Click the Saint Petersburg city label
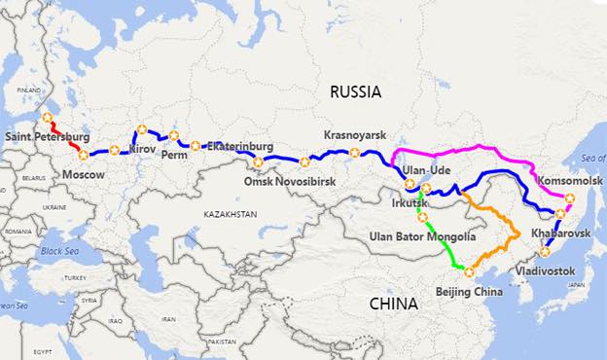[47, 135]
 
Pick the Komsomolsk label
[567, 182]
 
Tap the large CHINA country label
[393, 304]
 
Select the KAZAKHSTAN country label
[231, 213]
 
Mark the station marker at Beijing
[468, 272]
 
